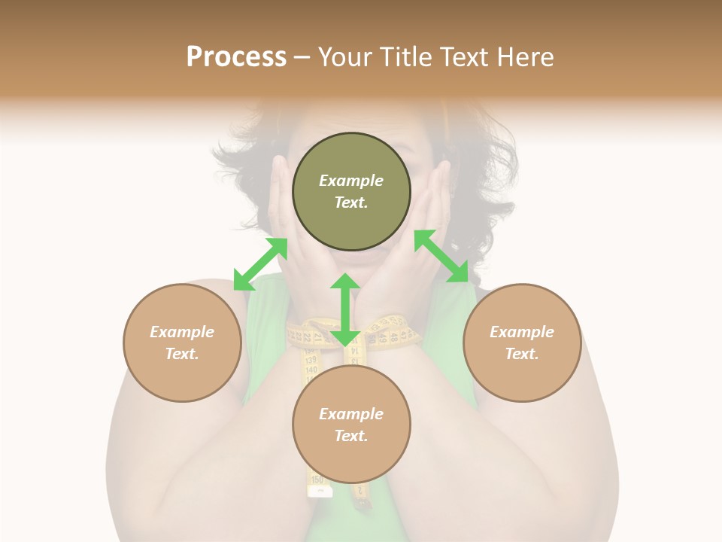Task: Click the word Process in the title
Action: click(x=236, y=56)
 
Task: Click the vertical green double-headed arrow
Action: click(x=345, y=309)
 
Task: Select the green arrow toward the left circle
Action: click(x=260, y=264)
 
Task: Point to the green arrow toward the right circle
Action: click(x=441, y=256)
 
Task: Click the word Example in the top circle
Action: click(x=351, y=181)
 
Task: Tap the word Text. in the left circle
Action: click(x=182, y=354)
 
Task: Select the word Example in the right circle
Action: click(x=522, y=332)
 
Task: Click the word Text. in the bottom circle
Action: click(x=351, y=436)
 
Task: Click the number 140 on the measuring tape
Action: click(x=311, y=370)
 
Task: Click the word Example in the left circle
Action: click(x=182, y=332)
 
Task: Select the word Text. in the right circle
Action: click(x=522, y=354)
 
